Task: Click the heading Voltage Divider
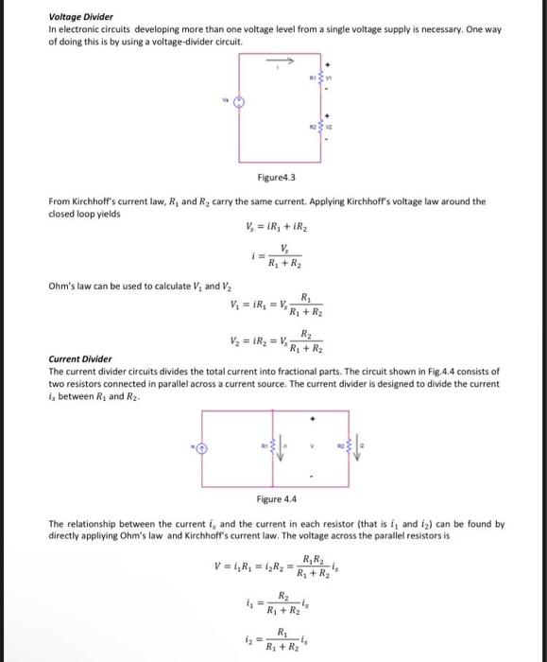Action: pyautogui.click(x=80, y=17)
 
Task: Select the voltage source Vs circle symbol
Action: pyautogui.click(x=240, y=106)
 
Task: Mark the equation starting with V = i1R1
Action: pyautogui.click(x=274, y=568)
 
